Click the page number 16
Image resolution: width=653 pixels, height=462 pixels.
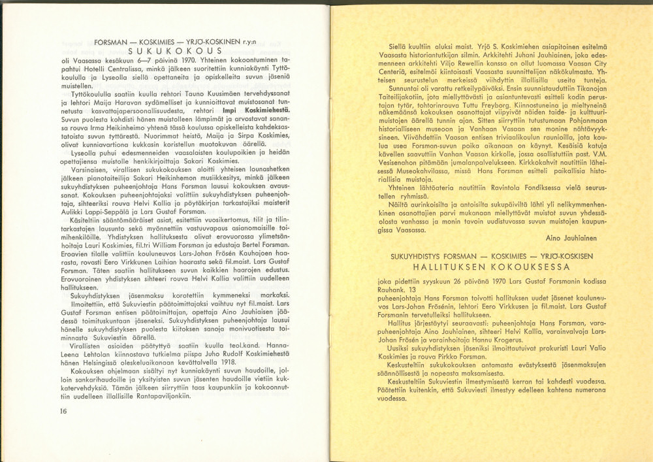[63, 411]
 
